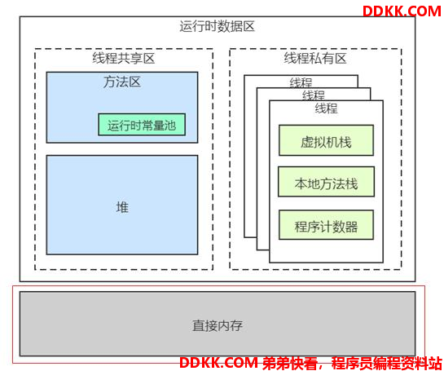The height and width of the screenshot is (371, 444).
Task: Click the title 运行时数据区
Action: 218,27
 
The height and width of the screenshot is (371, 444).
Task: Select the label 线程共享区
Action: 124,59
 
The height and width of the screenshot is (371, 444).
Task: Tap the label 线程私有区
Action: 315,59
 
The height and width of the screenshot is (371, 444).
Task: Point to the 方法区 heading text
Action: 122,82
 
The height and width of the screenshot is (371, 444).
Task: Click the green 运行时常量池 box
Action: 142,125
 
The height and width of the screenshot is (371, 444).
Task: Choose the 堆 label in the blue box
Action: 122,207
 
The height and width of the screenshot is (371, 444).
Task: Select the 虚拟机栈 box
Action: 326,140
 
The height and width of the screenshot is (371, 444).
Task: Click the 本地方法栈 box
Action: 326,182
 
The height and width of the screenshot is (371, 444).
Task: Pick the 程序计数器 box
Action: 326,225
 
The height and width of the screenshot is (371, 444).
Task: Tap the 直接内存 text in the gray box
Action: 218,325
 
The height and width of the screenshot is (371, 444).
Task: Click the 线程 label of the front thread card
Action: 326,108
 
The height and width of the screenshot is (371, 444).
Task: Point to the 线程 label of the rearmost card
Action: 301,82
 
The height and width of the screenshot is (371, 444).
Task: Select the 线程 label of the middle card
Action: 314,95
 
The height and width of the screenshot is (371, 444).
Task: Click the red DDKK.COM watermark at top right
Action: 402,11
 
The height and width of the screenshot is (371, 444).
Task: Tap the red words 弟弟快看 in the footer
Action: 289,363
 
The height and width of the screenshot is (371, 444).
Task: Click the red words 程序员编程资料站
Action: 387,363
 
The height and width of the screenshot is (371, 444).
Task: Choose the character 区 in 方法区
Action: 134,82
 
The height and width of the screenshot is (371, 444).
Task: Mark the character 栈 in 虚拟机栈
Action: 345,142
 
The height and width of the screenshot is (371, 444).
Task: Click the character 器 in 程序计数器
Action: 351,227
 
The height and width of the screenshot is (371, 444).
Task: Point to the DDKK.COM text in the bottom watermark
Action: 218,363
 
